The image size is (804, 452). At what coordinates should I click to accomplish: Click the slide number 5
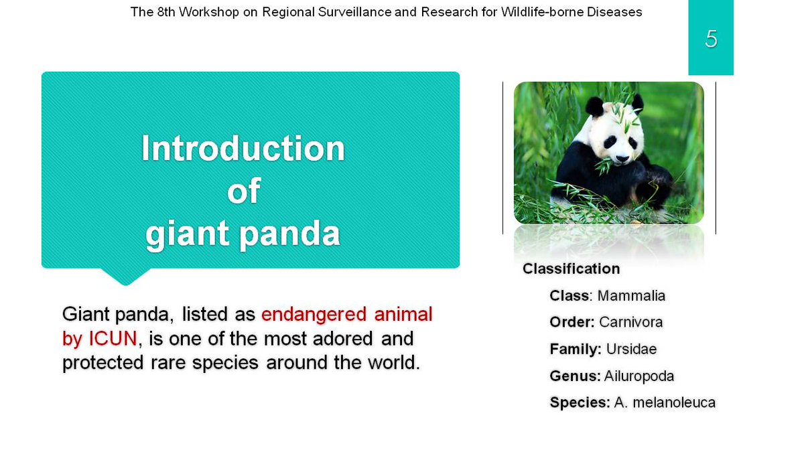pyautogui.click(x=711, y=38)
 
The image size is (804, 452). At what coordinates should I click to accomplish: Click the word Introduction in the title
pyautogui.click(x=243, y=148)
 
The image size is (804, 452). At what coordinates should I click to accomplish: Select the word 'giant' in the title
pyautogui.click(x=187, y=234)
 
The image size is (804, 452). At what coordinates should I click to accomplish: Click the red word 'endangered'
pyautogui.click(x=314, y=314)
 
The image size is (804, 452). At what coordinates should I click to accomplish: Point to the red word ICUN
pyautogui.click(x=113, y=338)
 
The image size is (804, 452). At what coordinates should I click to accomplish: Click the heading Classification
pyautogui.click(x=571, y=269)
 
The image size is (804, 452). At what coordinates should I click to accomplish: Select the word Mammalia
pyautogui.click(x=631, y=296)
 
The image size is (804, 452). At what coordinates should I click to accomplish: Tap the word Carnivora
pyautogui.click(x=630, y=322)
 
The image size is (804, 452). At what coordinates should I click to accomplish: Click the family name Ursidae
pyautogui.click(x=631, y=349)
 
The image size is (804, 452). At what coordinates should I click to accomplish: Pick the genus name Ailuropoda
pyautogui.click(x=639, y=376)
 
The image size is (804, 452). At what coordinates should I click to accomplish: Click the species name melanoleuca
pyautogui.click(x=674, y=402)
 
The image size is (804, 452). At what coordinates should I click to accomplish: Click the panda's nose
pyautogui.click(x=622, y=158)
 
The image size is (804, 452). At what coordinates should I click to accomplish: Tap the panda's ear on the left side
pyautogui.click(x=595, y=106)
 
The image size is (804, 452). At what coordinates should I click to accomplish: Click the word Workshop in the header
pyautogui.click(x=209, y=12)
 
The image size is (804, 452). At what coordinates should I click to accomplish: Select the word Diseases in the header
pyautogui.click(x=614, y=12)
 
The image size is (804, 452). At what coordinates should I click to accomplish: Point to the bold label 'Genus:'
pyautogui.click(x=575, y=376)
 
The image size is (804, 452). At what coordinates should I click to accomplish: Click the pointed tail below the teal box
pyautogui.click(x=125, y=276)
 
